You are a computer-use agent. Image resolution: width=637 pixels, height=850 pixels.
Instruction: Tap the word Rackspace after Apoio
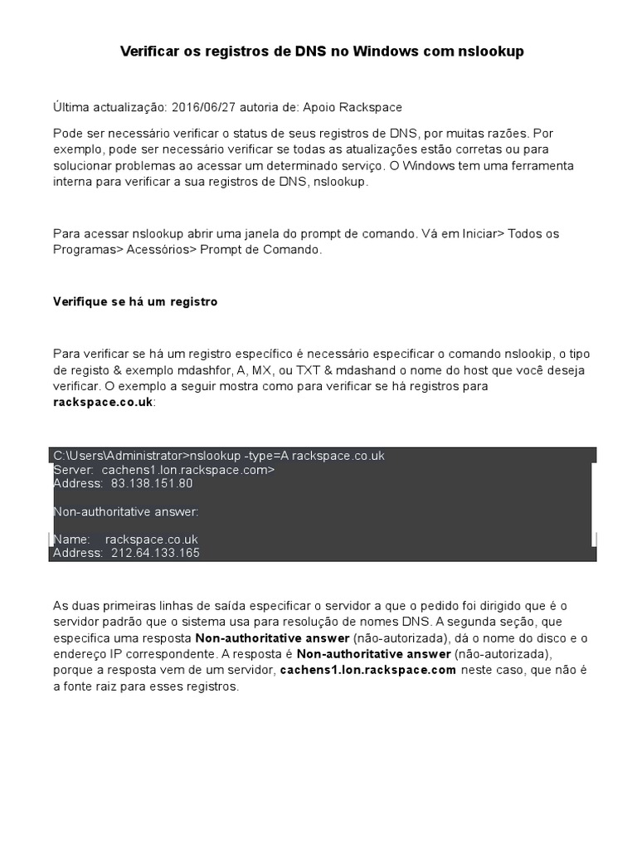coord(372,108)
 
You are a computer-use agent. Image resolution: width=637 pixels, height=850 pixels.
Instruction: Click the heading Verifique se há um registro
coord(135,302)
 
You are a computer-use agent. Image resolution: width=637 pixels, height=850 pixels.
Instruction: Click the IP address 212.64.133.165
coord(155,552)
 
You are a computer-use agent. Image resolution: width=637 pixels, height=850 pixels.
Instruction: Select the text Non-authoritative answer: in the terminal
coord(125,511)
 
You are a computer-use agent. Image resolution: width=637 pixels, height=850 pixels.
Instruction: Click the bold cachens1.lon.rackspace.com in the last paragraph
coord(368,670)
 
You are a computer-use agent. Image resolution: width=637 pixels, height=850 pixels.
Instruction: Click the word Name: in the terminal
coord(71,540)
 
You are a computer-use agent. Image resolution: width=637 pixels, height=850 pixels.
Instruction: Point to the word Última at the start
coord(70,108)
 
